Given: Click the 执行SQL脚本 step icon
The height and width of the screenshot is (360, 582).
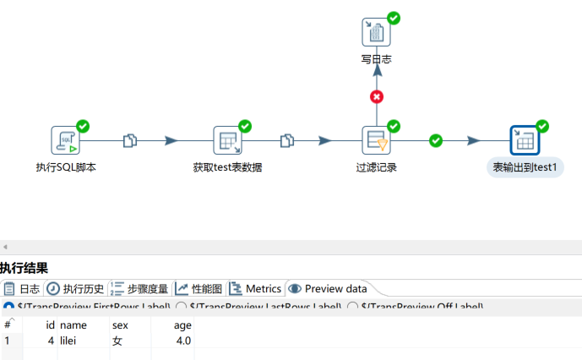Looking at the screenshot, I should (66, 140).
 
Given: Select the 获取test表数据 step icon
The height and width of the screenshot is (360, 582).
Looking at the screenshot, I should (227, 140).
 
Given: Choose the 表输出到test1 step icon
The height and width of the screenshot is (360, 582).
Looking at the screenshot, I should (524, 140).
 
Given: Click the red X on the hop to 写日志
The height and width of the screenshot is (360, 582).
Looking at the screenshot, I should (377, 96).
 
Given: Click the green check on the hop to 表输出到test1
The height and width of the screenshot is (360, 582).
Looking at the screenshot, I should (436, 140).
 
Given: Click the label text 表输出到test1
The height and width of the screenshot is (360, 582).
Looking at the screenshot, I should (525, 167).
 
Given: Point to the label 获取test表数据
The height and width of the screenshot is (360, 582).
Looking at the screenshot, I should (227, 167).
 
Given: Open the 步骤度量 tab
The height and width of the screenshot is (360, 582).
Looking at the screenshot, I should (140, 288).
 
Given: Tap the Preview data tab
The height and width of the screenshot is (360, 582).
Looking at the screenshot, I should (329, 288).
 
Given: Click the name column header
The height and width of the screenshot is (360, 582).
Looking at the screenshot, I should (73, 325).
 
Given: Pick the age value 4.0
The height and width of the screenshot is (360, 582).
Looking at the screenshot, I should (182, 341).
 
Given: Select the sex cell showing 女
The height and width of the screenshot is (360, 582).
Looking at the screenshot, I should (117, 341).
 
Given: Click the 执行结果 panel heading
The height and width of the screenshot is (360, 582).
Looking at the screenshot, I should (24, 268).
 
